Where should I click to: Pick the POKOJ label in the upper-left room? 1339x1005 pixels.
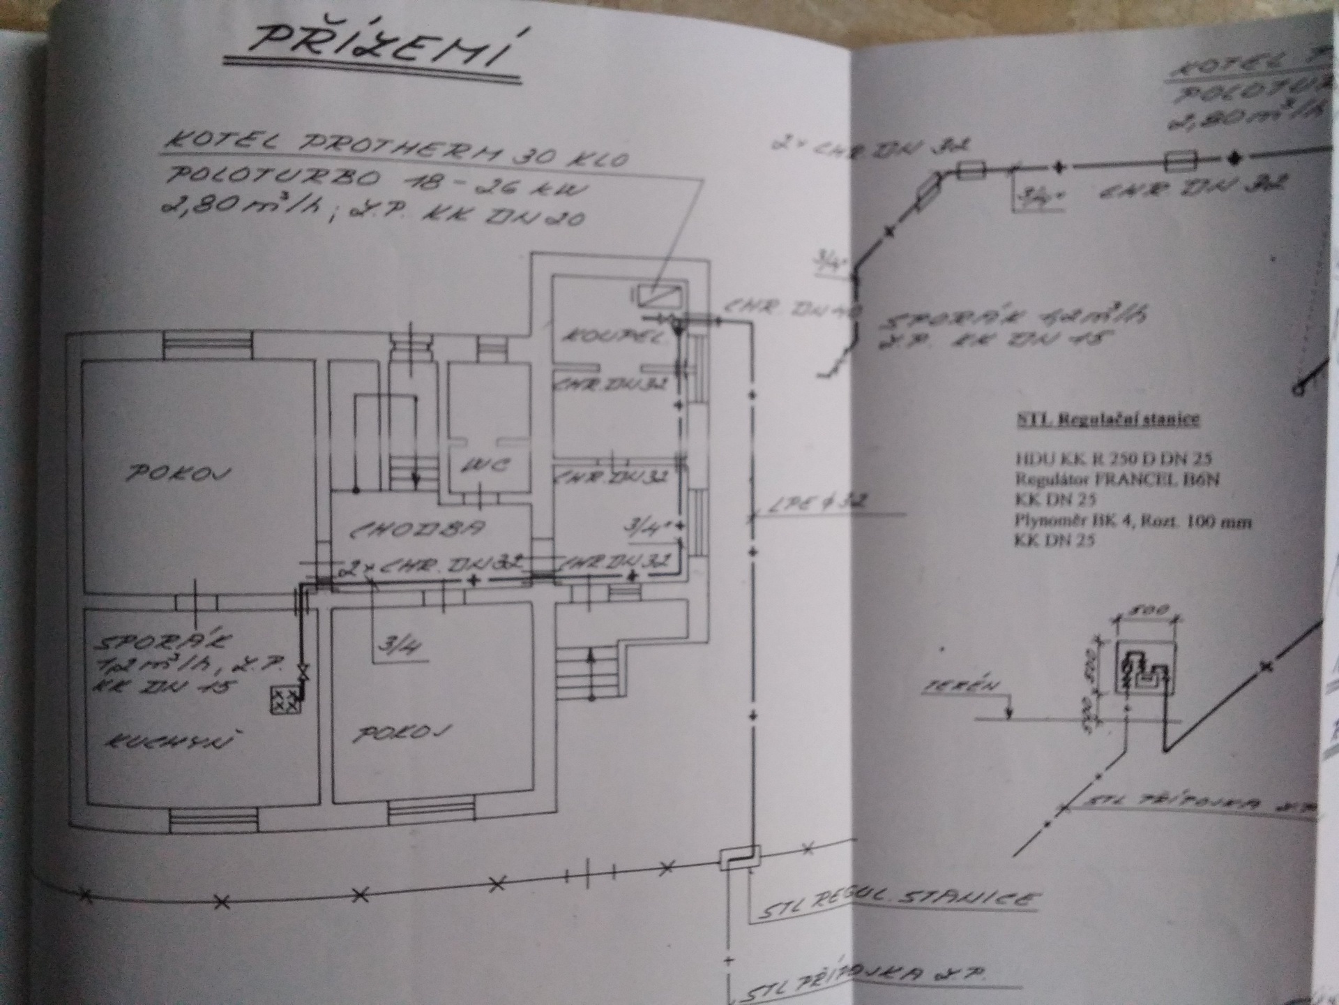point(178,474)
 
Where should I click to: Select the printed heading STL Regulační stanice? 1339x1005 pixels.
point(1105,419)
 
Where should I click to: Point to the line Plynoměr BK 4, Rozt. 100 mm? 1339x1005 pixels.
point(1133,521)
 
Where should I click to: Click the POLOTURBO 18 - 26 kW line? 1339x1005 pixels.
point(377,183)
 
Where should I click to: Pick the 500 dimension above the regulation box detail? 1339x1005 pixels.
point(1147,610)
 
